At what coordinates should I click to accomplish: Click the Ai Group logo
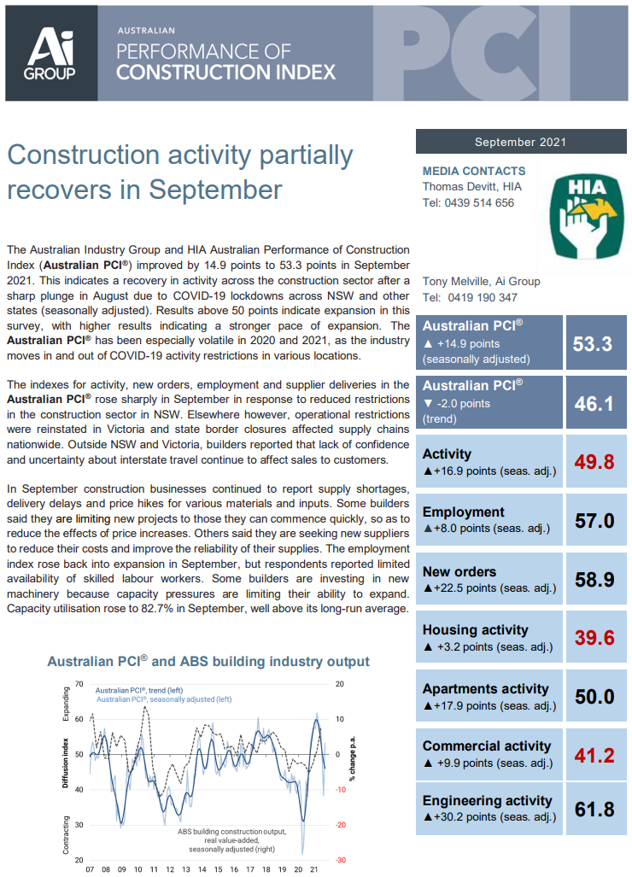(50, 54)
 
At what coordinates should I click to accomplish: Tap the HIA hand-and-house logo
(586, 216)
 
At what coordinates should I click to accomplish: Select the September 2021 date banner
(521, 142)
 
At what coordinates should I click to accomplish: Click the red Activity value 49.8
(594, 462)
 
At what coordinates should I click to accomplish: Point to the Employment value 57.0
(594, 521)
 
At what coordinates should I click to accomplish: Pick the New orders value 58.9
(594, 580)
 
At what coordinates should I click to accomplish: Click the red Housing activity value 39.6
(594, 638)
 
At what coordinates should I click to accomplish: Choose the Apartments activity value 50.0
(594, 696)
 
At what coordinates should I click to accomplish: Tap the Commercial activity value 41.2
(594, 756)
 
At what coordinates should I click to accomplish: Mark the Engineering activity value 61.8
(594, 810)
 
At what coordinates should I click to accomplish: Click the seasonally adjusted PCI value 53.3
(593, 343)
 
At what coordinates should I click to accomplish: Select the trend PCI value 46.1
(594, 403)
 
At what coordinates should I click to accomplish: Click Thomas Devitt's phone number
(468, 203)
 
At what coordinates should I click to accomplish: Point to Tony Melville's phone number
(470, 297)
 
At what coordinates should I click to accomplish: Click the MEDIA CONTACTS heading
(474, 171)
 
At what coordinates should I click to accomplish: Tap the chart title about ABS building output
(208, 661)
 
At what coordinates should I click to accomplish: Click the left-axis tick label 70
(79, 684)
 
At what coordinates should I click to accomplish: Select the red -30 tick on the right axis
(341, 860)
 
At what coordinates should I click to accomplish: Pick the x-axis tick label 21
(313, 869)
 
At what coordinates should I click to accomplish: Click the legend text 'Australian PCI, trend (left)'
(139, 690)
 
